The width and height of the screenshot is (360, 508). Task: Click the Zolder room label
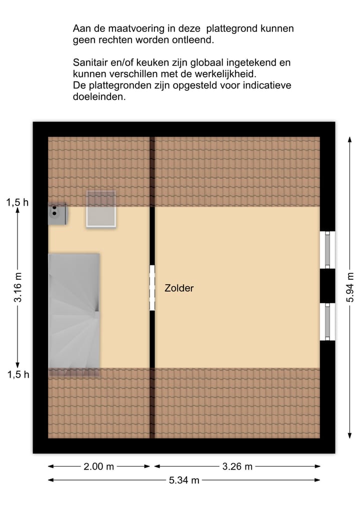point(179,288)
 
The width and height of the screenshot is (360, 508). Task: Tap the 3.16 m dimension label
point(18,288)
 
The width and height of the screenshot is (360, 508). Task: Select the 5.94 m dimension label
point(350,288)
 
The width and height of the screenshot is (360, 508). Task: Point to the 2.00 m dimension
point(98,467)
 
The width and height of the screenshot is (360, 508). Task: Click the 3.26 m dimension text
point(237,467)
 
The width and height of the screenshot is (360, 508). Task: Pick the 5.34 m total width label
point(183,481)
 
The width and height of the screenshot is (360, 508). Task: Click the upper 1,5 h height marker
point(17,202)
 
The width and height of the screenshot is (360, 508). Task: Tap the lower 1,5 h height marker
point(17,375)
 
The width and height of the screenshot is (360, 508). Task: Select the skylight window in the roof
point(101,209)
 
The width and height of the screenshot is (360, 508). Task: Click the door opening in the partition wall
point(152,288)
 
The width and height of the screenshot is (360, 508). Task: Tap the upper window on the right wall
point(327,250)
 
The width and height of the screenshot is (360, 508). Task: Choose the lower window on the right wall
point(327,322)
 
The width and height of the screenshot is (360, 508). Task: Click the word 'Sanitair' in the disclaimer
point(90,63)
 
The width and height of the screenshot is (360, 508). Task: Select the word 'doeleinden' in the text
point(99,97)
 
